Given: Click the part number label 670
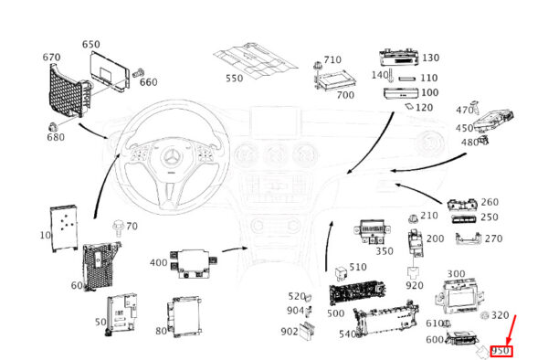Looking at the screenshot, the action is (x=51, y=57).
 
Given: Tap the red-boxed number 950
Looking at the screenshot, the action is (x=501, y=351).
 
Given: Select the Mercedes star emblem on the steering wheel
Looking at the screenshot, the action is (x=172, y=156).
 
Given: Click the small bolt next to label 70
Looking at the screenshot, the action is (x=118, y=228).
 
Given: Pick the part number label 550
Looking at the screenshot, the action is (x=234, y=78).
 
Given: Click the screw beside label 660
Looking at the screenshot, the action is (x=139, y=73).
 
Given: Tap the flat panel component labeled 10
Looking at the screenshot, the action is (x=64, y=228).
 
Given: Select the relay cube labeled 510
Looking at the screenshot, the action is (x=341, y=273).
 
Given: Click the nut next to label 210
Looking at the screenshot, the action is (x=413, y=219).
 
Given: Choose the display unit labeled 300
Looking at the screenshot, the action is (x=458, y=296).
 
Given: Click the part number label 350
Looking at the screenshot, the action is (x=385, y=251).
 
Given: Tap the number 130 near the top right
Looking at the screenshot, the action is (x=430, y=58).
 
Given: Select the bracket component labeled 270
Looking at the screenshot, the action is (x=469, y=238).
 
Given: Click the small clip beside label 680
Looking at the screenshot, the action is (x=52, y=127).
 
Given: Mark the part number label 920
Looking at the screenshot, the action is (x=415, y=286).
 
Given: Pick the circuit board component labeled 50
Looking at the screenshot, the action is (x=121, y=313).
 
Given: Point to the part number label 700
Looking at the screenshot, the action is (x=345, y=95).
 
